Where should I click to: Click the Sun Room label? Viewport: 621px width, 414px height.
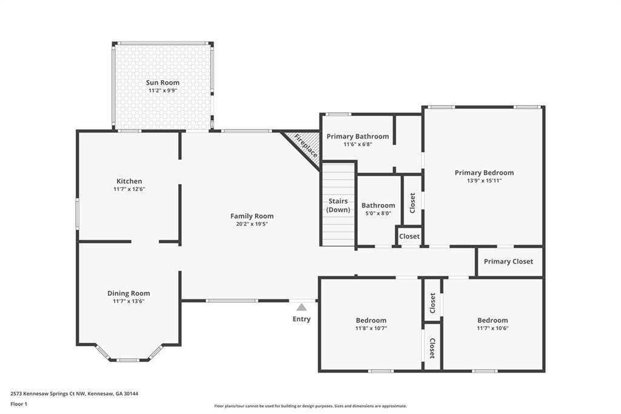click(x=163, y=83)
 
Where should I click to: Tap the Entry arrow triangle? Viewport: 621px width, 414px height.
click(x=301, y=308)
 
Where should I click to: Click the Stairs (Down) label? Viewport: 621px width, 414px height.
click(x=338, y=205)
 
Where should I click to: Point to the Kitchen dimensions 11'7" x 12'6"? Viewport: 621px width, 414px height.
click(x=129, y=189)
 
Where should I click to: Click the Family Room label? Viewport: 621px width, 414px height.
click(x=252, y=216)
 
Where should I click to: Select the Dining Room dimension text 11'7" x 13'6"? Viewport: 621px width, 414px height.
click(x=129, y=301)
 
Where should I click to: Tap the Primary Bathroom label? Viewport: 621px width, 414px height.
click(x=357, y=137)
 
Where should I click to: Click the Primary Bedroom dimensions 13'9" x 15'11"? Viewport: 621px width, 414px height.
click(x=484, y=180)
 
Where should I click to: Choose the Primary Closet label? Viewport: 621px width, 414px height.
click(x=508, y=262)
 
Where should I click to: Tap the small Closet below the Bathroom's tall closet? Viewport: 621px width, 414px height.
click(x=409, y=236)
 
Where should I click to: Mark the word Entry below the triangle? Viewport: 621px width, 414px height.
click(x=301, y=319)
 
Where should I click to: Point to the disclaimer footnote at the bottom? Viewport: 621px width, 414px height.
click(x=310, y=406)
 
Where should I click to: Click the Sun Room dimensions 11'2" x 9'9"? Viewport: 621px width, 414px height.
click(x=163, y=90)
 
